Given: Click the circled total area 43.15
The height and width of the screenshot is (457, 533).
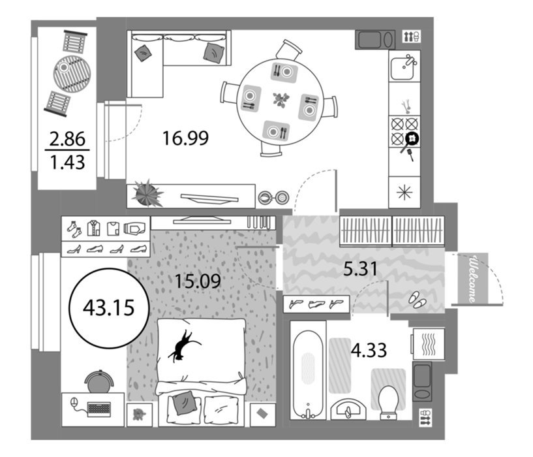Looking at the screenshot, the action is tap(109, 307).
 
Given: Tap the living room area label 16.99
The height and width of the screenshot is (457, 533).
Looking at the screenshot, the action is tap(185, 138).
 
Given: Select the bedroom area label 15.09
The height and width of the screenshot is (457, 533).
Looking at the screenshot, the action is tap(198, 281).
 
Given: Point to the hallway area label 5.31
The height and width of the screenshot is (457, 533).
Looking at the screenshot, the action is tap(360, 269).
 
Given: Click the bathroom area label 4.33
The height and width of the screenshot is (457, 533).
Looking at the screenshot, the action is tap(369, 350).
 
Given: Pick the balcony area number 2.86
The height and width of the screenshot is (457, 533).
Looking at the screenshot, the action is tap(67, 139).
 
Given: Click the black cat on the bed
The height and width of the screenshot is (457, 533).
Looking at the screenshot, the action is tap(183, 346).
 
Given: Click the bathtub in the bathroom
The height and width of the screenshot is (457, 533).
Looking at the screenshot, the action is tap(308, 374).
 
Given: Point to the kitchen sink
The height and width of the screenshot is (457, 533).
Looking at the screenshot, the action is tap(403, 68).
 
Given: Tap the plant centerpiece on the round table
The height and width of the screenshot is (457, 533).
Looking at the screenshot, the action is tap(281, 100).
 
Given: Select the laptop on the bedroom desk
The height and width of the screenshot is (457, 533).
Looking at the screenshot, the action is tap(99, 409).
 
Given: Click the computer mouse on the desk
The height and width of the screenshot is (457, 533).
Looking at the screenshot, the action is tap(74, 402).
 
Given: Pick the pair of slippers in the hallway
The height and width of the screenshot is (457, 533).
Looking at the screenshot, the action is tap(418, 300).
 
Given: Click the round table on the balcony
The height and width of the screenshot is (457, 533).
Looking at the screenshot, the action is tap(72, 74).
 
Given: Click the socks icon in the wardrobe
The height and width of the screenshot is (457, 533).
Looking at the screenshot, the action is tap(74, 228).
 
